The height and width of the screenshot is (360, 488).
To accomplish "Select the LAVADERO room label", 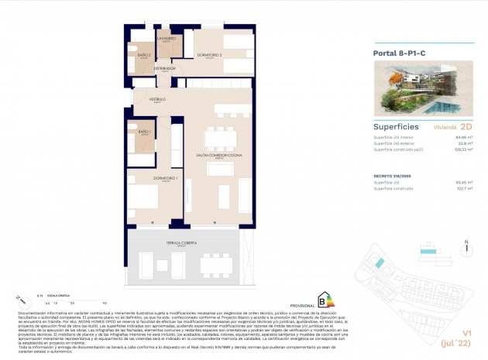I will pyautogui.click(x=167, y=38).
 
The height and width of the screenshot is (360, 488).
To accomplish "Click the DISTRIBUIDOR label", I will pyautogui.click(x=165, y=68).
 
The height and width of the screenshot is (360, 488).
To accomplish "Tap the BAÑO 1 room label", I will pyautogui.click(x=144, y=132).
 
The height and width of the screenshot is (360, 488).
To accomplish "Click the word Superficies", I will pyautogui.click(x=396, y=125).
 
